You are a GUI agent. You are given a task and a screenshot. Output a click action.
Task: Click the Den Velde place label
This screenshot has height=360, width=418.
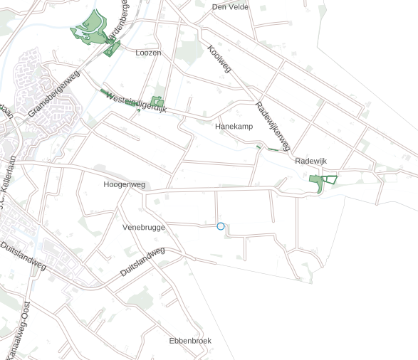(230, 7)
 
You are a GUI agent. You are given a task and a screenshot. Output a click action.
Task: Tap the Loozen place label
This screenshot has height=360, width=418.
(148, 53)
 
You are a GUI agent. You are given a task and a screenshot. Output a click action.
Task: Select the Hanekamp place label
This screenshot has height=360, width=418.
(234, 126)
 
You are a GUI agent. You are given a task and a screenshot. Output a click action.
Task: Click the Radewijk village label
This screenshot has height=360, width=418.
(310, 162)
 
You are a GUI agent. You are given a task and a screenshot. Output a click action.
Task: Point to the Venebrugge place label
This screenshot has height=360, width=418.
(144, 228)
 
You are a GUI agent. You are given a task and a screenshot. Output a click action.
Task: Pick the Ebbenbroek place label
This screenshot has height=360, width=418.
(190, 341)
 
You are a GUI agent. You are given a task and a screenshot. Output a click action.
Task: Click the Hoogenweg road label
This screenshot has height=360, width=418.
(124, 184)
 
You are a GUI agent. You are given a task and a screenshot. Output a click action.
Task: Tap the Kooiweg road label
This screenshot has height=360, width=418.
(219, 60)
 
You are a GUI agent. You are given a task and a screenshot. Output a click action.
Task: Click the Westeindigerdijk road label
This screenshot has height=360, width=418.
(135, 102)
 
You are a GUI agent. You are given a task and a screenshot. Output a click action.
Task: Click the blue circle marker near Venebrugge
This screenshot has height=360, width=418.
(220, 226)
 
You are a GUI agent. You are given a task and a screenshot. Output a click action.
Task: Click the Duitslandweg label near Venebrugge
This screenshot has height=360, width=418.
(142, 262)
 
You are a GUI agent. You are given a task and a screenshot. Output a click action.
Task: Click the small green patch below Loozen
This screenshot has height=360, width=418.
(157, 102)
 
